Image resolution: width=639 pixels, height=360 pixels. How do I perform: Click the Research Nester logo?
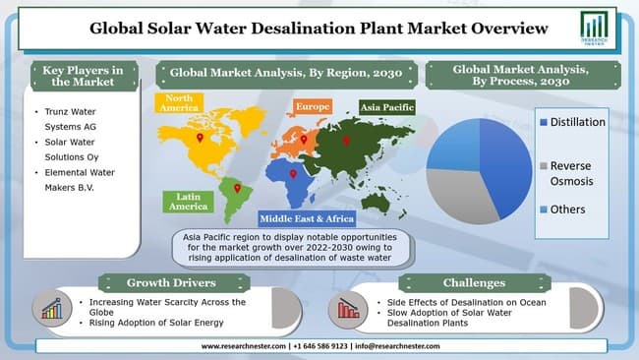[x=595, y=29]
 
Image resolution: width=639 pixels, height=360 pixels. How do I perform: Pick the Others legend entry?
[x=568, y=209]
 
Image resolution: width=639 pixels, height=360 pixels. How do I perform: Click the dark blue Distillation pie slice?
[x=505, y=157]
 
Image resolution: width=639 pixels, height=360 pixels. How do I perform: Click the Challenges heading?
[x=475, y=282]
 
